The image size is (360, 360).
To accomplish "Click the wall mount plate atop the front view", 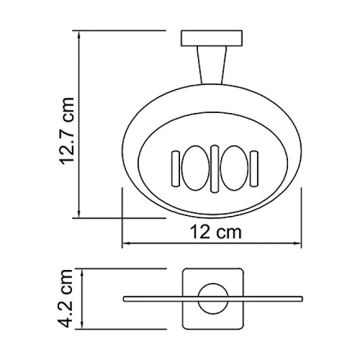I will coord(211,38).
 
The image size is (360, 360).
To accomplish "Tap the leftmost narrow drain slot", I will coord(175,168).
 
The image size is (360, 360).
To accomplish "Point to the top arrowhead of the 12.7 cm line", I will coord(79,34).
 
